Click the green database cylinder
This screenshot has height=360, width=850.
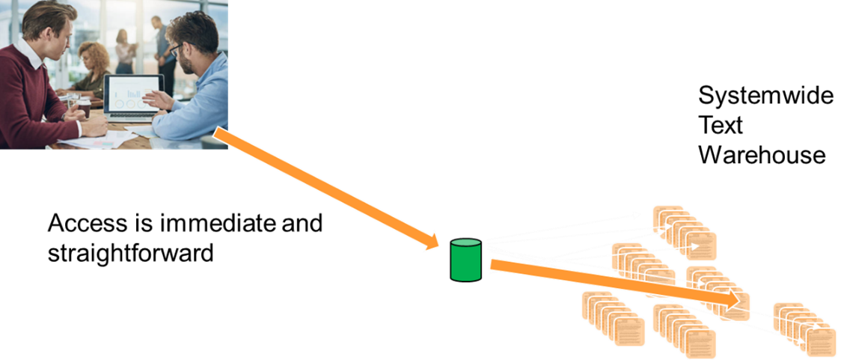tap(465, 260)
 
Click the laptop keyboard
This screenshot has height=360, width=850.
tap(131, 116)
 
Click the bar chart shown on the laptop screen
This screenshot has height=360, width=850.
tap(134, 92)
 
